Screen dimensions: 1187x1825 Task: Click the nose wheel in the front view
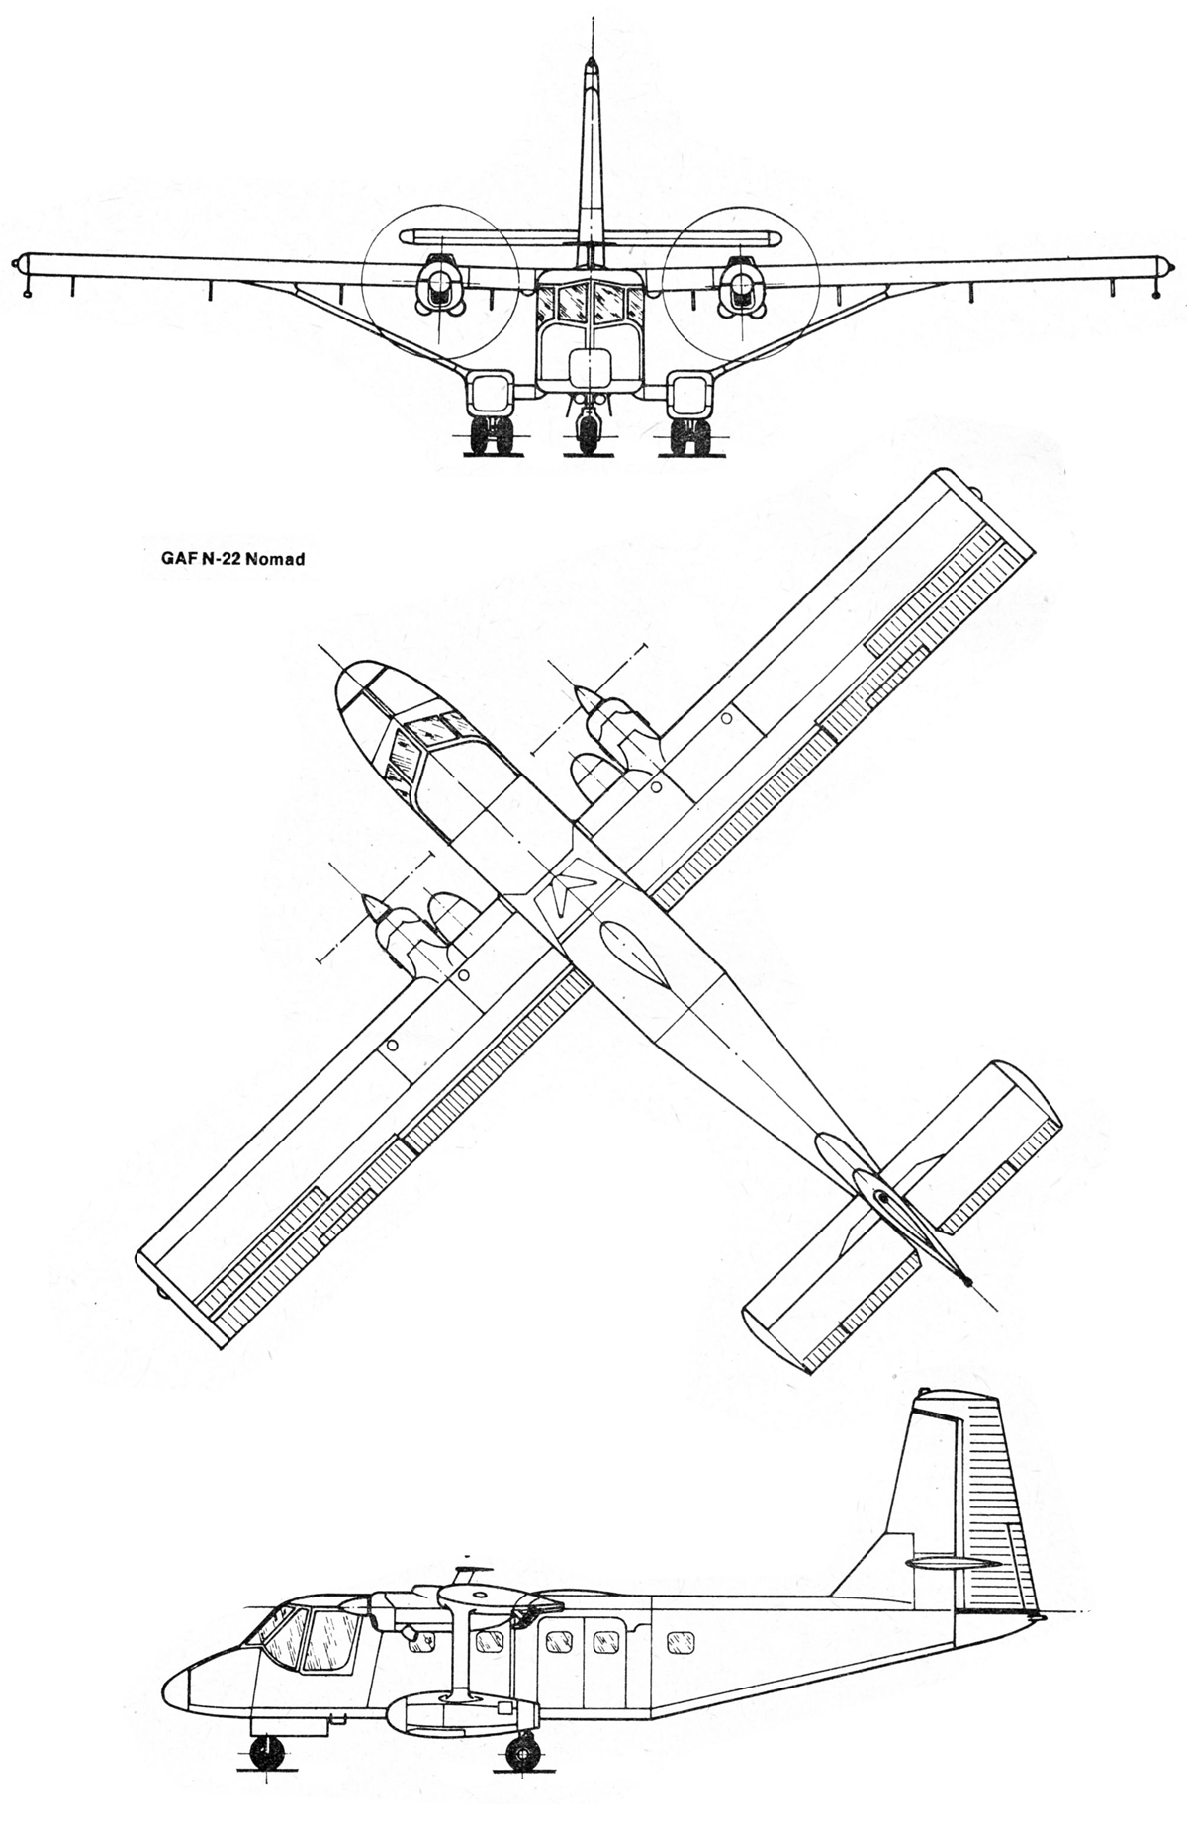tap(589, 433)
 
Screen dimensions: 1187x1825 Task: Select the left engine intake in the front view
tap(437, 286)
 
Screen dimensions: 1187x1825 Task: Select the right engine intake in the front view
tap(741, 286)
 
